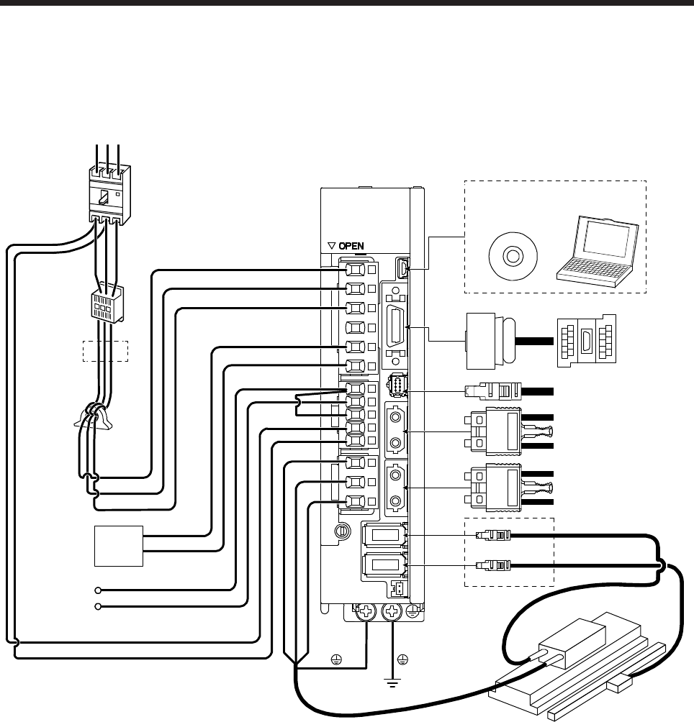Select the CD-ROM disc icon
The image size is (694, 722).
pos(513,257)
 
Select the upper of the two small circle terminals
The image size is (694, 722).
pos(99,590)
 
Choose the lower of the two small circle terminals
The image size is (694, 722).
pos(99,607)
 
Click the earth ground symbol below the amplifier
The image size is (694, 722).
pos(393,680)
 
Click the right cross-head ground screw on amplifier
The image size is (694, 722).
pos(393,613)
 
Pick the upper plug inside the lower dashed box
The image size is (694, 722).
pos(493,536)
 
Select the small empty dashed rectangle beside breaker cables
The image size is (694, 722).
pos(105,351)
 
